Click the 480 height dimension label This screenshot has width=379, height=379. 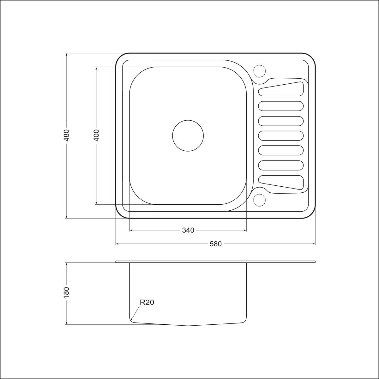(x=67, y=135)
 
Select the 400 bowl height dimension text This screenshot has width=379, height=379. (x=96, y=135)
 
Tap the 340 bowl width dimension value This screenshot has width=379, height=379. (x=188, y=230)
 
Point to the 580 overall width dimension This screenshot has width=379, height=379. (x=216, y=244)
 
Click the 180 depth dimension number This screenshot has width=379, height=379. (x=67, y=293)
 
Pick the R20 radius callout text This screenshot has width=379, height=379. (x=147, y=302)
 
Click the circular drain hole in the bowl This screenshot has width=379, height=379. (x=188, y=136)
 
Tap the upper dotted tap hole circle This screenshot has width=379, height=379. (x=259, y=71)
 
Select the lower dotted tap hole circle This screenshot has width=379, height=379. (x=259, y=200)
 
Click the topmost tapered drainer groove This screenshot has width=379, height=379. (x=281, y=89)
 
